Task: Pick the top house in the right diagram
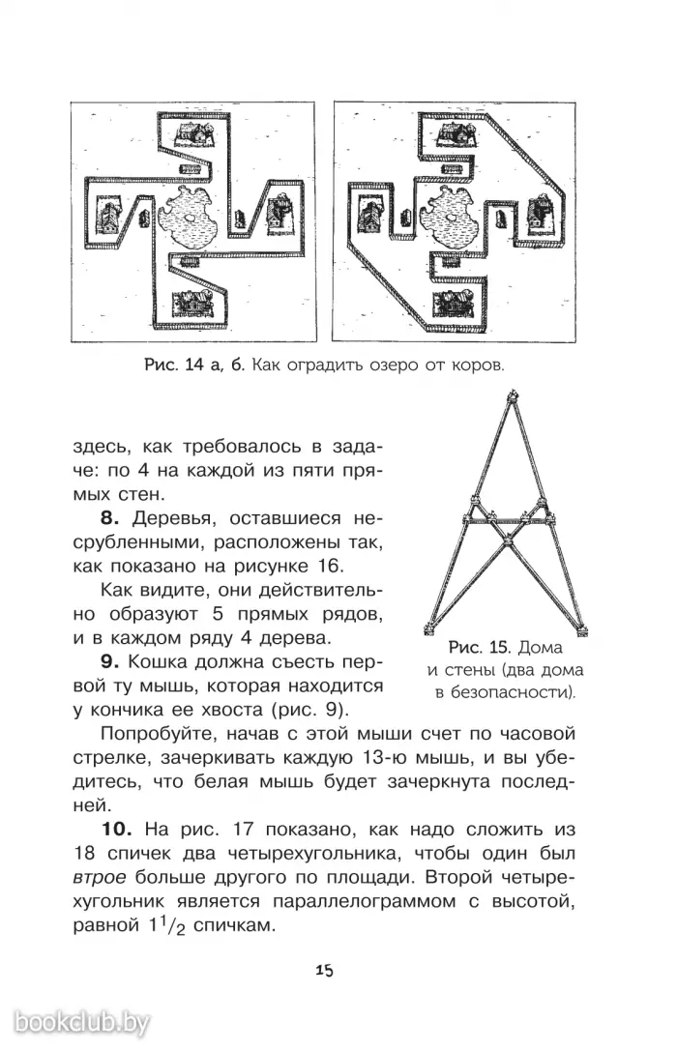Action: pyautogui.click(x=448, y=136)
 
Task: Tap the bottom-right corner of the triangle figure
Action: pyautogui.click(x=583, y=633)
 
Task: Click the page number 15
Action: pyautogui.click(x=324, y=970)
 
